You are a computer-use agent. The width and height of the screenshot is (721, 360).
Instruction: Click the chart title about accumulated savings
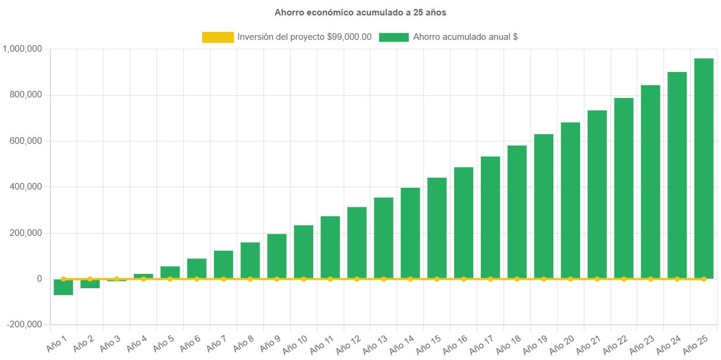pyautogui.click(x=360, y=12)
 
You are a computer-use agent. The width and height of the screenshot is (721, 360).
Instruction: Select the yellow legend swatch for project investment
pyautogui.click(x=218, y=37)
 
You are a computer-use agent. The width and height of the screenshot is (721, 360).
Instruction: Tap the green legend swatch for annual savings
pyautogui.click(x=393, y=37)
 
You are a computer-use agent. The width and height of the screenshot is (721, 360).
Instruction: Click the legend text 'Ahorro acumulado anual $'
pyautogui.click(x=465, y=37)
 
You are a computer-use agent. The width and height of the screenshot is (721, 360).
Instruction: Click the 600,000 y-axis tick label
pyautogui.click(x=25, y=141)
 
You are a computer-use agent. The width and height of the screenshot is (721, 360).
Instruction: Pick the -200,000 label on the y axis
pyautogui.click(x=25, y=324)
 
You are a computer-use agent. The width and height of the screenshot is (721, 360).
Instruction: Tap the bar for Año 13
pyautogui.click(x=383, y=238)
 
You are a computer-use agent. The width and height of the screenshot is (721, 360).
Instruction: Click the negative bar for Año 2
pyautogui.click(x=90, y=284)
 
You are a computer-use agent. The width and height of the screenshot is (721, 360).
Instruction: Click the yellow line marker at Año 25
pyautogui.click(x=704, y=279)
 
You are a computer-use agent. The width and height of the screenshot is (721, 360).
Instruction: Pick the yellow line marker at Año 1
pyautogui.click(x=63, y=279)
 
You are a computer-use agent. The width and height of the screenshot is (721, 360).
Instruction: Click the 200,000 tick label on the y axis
pyautogui.click(x=25, y=233)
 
